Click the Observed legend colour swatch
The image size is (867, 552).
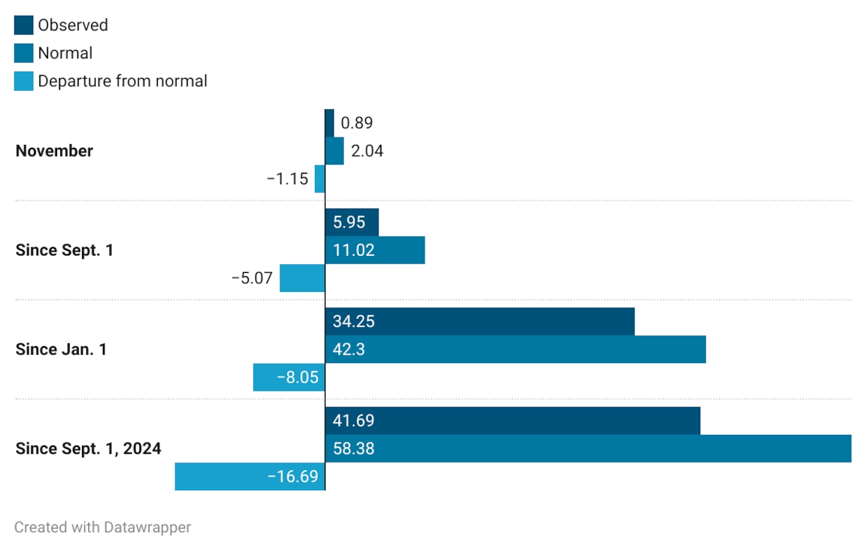click(x=24, y=25)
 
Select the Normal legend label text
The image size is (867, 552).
click(x=65, y=53)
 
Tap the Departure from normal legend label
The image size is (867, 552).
click(x=123, y=81)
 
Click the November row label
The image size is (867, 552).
click(x=54, y=151)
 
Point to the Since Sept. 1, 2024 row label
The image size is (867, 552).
click(x=88, y=448)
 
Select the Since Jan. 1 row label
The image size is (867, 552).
click(x=61, y=349)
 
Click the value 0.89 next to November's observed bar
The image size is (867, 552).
click(x=357, y=123)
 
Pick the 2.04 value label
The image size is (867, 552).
click(x=367, y=151)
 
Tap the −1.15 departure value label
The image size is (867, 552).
click(x=287, y=179)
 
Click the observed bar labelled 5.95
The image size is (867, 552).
click(x=352, y=222)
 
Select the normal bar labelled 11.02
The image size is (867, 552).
click(x=375, y=251)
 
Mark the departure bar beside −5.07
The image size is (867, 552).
click(x=302, y=278)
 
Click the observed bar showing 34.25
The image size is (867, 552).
click(x=480, y=322)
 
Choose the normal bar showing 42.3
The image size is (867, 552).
click(x=515, y=349)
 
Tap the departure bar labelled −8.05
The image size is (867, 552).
click(x=289, y=377)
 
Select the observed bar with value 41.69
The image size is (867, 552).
click(x=512, y=421)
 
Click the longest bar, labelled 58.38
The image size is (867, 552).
click(x=588, y=448)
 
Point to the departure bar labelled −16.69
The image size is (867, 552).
click(x=250, y=476)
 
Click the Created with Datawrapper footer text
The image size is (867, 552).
click(x=103, y=527)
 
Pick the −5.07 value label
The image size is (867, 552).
click(x=252, y=278)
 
